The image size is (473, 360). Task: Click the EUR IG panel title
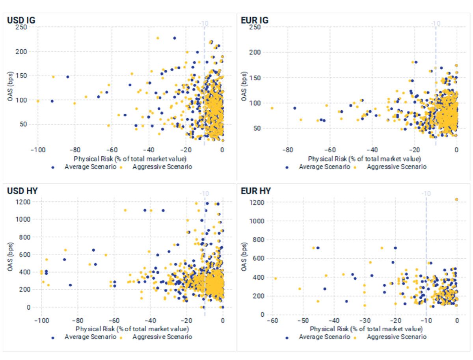click(254, 20)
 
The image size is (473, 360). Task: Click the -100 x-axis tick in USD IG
click(38, 150)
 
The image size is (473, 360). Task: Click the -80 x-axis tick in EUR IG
click(288, 150)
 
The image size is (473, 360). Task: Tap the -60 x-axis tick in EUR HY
click(272, 321)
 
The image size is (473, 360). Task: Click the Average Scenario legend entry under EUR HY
click(324, 337)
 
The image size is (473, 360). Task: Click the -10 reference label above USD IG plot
click(204, 23)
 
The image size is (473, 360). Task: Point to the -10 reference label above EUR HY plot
click(426, 193)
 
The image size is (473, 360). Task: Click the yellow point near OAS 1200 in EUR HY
click(456, 199)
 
